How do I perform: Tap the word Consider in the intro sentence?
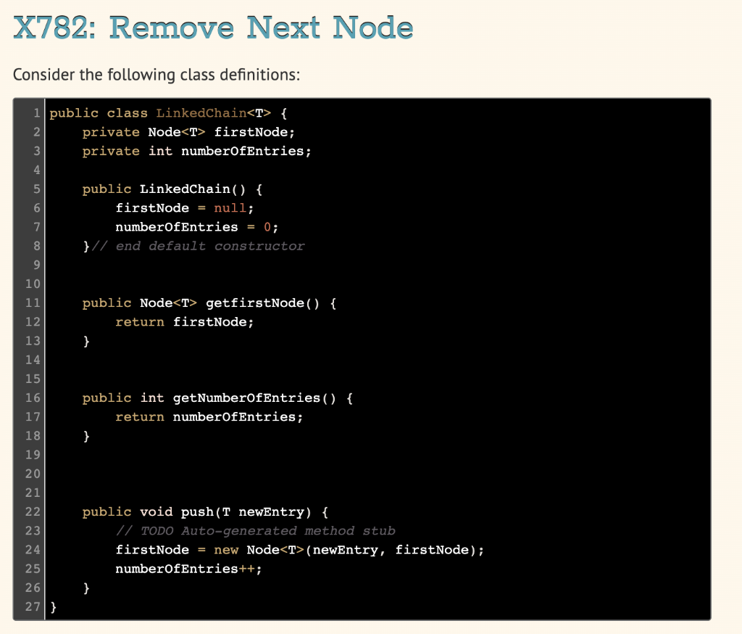41,75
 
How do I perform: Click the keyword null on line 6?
230,208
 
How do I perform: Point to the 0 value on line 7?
267,227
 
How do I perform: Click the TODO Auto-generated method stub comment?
255,531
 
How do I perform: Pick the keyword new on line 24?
226,550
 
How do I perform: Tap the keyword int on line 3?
160,151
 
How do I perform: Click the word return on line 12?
140,322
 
